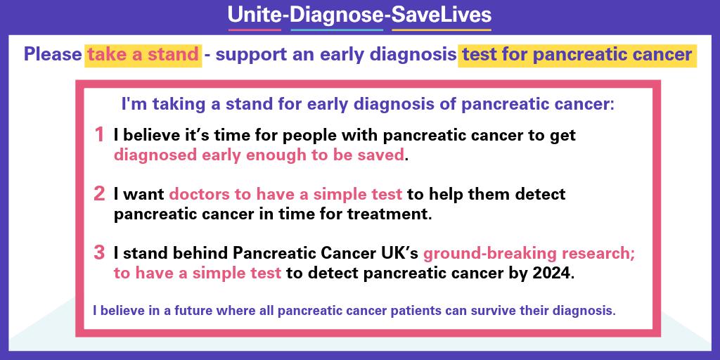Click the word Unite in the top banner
[253, 15]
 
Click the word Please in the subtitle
[52, 55]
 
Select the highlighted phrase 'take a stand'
[143, 55]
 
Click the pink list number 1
[99, 134]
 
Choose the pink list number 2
[99, 193]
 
